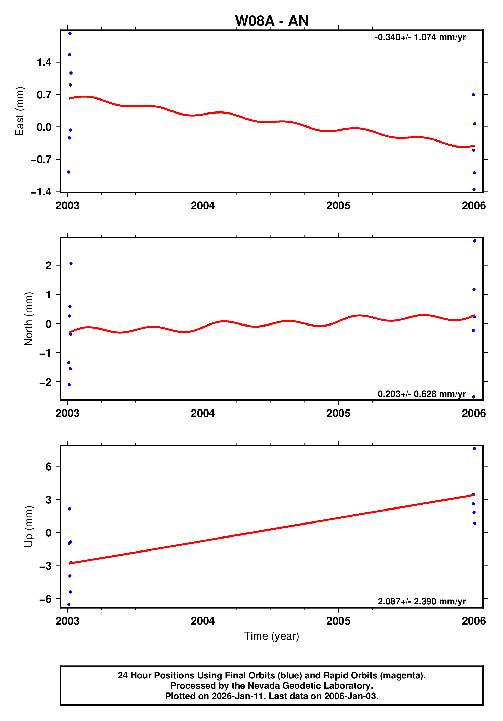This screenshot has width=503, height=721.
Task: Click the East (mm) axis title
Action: [x=19, y=111]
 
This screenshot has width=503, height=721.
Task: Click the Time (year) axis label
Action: [x=272, y=636]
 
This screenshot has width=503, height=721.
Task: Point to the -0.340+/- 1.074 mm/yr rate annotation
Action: [x=420, y=37]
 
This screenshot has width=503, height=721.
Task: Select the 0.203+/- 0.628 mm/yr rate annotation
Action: [x=421, y=394]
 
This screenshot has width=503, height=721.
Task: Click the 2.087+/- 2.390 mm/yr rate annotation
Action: [x=421, y=601]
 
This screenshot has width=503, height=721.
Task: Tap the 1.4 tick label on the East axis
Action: [x=44, y=63]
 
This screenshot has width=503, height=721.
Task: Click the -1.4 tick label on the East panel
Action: [x=41, y=192]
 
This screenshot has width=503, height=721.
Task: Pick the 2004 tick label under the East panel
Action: [x=203, y=206]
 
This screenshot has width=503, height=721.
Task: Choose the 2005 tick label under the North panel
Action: [x=338, y=413]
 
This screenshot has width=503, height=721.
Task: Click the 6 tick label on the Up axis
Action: [x=48, y=467]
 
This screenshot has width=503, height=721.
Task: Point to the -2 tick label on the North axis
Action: [x=45, y=382]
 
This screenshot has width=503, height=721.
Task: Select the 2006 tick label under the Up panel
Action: [x=474, y=621]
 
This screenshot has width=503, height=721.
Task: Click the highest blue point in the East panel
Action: [x=70, y=33]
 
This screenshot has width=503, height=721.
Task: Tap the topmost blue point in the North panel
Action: [x=475, y=241]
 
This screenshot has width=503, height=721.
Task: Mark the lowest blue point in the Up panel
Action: [x=69, y=604]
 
